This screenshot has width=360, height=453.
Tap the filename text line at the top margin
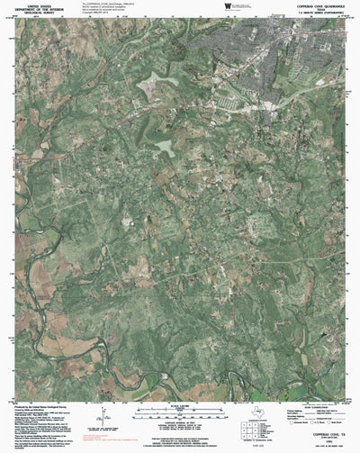coord(108,4)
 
